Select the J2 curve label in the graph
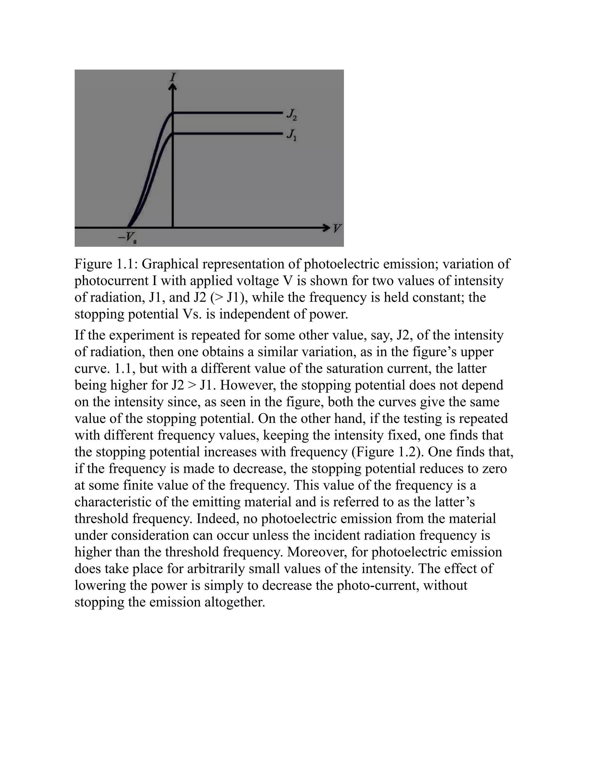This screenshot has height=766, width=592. coord(291,114)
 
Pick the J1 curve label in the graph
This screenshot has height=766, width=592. coord(291,135)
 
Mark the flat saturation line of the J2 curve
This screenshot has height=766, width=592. coord(228,112)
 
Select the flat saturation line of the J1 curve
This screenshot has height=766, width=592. coord(228,133)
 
